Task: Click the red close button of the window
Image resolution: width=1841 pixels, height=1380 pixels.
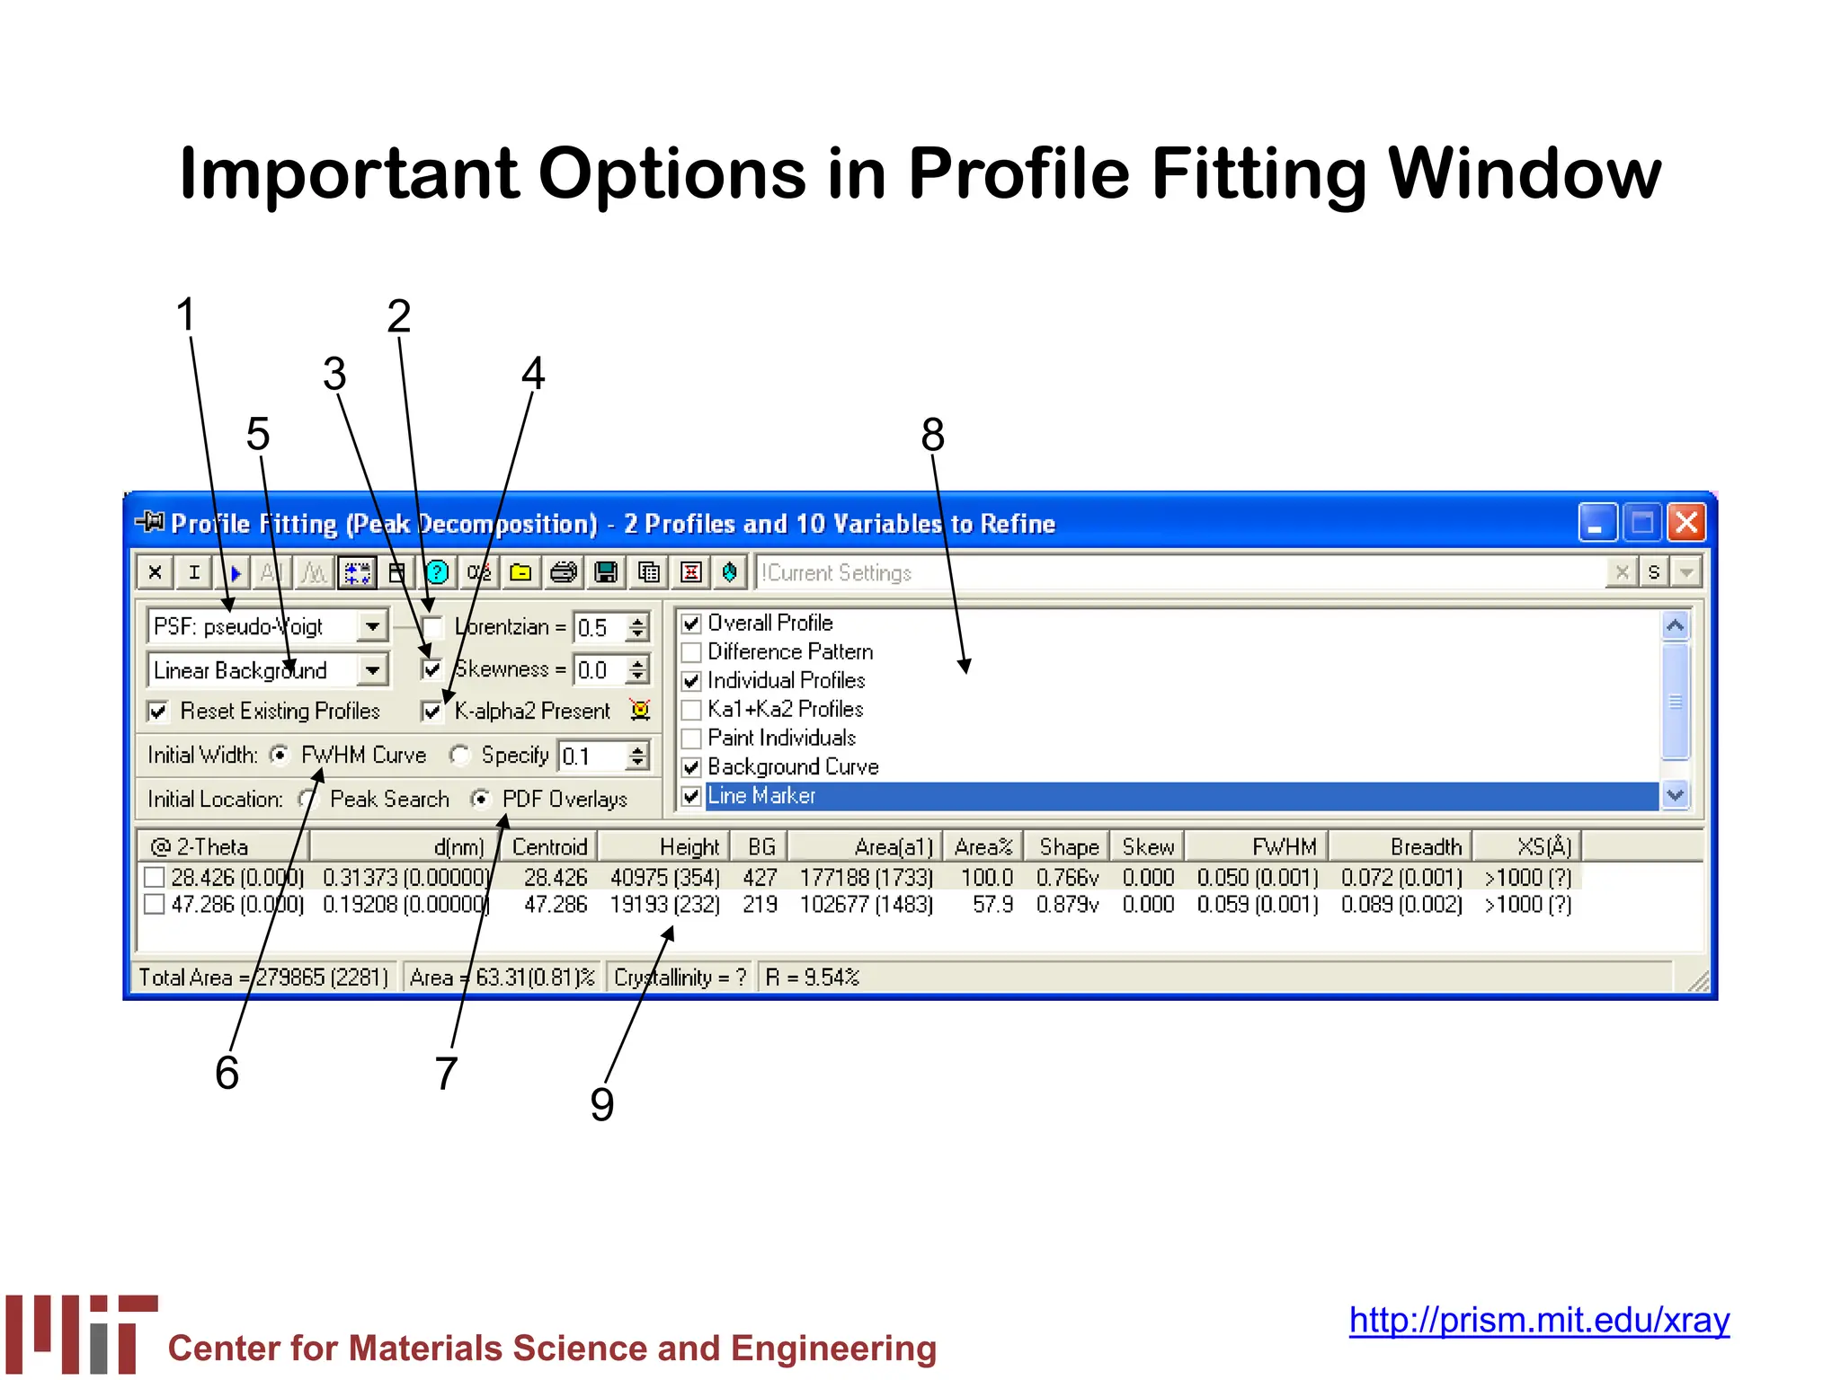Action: (1686, 522)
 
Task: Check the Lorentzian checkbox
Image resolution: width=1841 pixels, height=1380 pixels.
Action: (432, 627)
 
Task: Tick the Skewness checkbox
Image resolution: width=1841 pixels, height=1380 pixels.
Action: (432, 669)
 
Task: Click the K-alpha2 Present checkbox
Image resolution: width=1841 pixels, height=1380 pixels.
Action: (432, 712)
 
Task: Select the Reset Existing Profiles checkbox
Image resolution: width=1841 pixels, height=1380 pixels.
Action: (158, 712)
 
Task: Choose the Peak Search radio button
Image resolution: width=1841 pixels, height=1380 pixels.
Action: (309, 799)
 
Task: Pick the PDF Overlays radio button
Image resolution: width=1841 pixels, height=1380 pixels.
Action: (482, 799)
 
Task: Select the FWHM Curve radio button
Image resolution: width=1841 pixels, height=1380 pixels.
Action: (280, 756)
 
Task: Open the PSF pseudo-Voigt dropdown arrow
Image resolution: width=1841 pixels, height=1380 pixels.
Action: (372, 626)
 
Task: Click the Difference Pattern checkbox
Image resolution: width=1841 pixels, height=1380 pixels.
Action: (691, 652)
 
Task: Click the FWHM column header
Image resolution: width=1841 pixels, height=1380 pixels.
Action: (1283, 846)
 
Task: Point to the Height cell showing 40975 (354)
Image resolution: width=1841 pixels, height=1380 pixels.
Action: (664, 877)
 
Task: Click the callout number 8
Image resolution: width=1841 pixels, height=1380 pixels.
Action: (932, 435)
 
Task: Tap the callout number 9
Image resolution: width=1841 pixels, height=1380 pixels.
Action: (601, 1104)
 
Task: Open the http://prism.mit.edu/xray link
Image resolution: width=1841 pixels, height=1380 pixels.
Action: (1539, 1320)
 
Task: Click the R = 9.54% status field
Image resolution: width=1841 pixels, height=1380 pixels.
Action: (813, 977)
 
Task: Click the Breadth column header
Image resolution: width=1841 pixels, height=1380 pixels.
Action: (1425, 846)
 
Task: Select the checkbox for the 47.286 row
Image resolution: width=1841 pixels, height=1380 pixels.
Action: (155, 904)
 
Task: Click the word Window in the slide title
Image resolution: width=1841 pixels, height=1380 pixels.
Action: (1525, 173)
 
